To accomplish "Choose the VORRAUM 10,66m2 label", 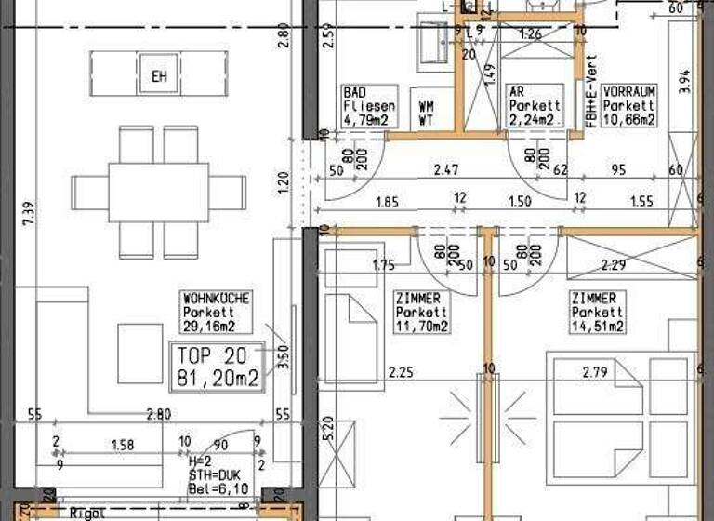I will pyautogui.click(x=629, y=106).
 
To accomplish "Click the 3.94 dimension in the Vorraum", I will pyautogui.click(x=686, y=78).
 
